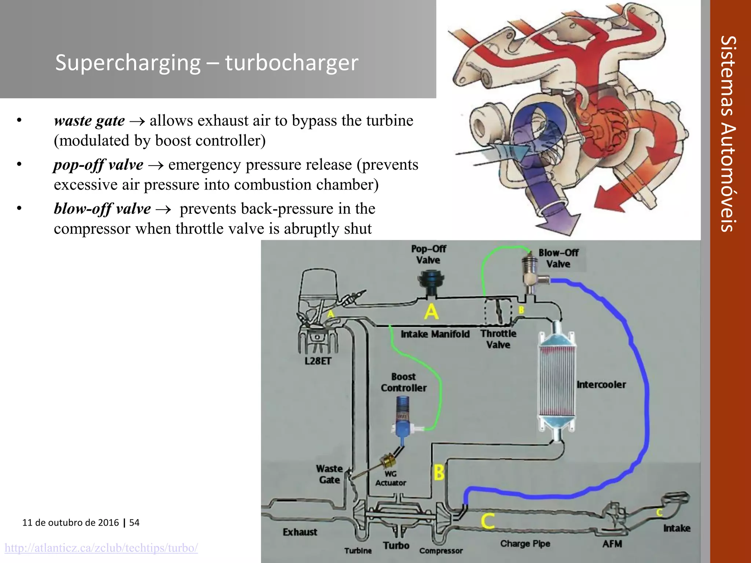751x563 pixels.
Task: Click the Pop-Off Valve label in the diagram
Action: click(428, 254)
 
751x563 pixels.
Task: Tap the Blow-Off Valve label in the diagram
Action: click(558, 258)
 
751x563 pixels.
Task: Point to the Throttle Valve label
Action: click(498, 339)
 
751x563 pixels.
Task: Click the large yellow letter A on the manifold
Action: click(431, 312)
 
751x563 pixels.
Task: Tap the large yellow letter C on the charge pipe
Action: click(488, 521)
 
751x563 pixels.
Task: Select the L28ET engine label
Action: click(318, 361)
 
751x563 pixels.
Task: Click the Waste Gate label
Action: click(329, 474)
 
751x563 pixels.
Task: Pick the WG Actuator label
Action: click(391, 478)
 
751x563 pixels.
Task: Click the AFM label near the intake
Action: click(612, 544)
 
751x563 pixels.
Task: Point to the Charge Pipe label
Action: click(525, 544)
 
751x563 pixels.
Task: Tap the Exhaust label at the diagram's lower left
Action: click(300, 532)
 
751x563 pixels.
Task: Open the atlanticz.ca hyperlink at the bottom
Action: click(101, 548)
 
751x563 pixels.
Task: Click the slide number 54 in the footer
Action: click(134, 522)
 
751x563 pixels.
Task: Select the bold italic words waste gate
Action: click(89, 121)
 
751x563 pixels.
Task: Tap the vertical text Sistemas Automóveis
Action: click(728, 134)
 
